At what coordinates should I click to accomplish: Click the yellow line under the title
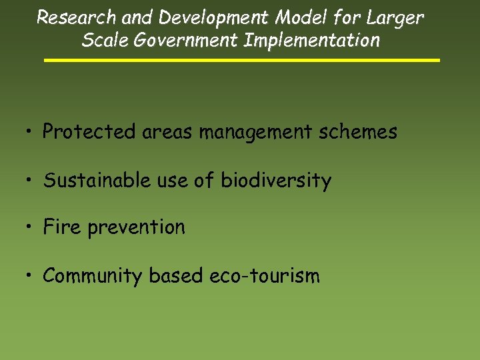coord(242,60)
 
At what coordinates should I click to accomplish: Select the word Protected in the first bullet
coord(89,132)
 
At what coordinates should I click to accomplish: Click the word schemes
coord(358,132)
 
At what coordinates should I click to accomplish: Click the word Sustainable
coord(107,180)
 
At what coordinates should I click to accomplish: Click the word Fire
coord(62,227)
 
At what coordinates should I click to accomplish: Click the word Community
coord(93,276)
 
